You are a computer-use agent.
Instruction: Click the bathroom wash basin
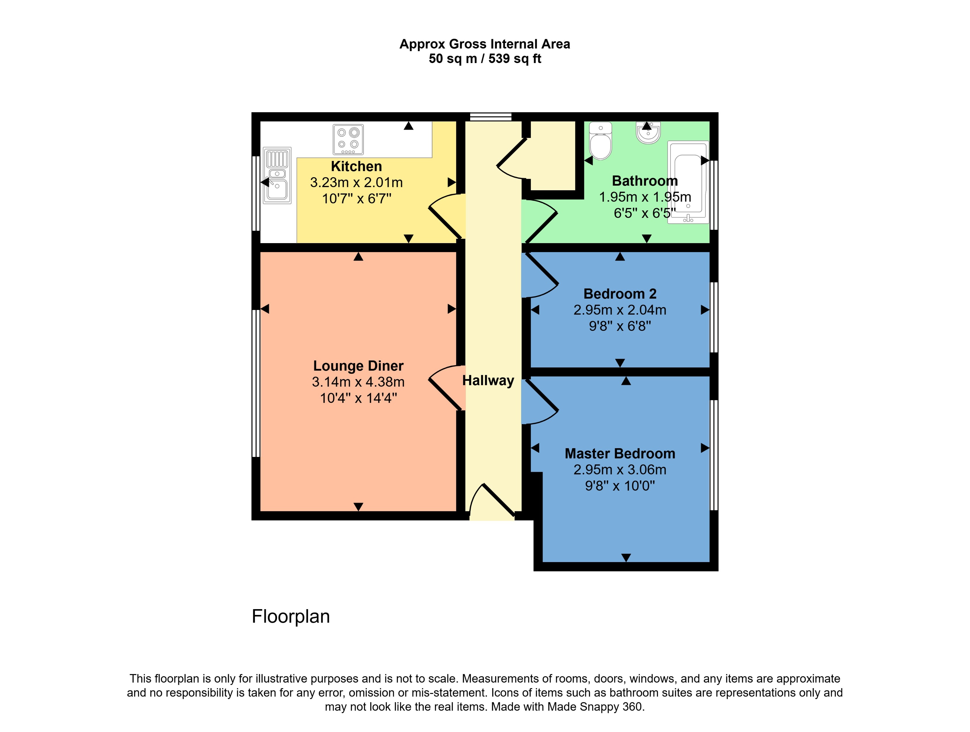point(648,132)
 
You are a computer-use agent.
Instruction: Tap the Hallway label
point(488,381)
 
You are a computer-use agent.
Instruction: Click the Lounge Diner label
point(358,365)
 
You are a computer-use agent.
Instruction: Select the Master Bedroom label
point(620,453)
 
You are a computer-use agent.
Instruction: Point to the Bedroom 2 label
point(620,294)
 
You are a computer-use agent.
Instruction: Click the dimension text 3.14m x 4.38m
point(358,382)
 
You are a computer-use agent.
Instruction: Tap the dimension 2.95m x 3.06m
point(620,469)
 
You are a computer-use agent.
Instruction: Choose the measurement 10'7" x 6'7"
point(357,199)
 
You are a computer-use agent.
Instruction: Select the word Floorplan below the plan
point(291,616)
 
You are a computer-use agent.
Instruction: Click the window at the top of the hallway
point(491,116)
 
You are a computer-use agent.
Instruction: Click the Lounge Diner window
point(256,383)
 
